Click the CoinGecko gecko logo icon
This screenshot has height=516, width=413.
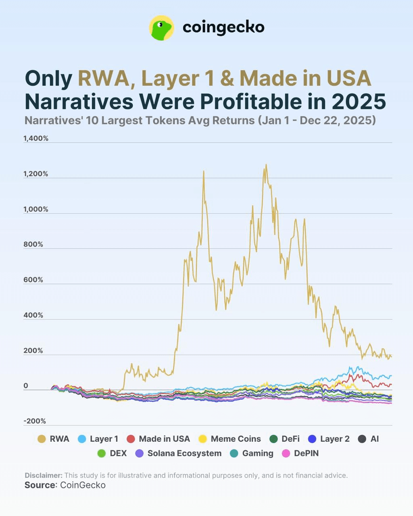coord(161,28)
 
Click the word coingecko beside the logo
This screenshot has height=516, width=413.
coord(223,27)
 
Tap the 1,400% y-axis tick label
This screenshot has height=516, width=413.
coord(36,138)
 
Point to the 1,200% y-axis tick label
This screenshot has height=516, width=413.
coord(36,174)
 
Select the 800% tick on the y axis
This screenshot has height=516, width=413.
coord(33,244)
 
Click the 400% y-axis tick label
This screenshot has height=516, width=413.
coord(33,315)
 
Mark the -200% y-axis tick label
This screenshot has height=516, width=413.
coord(35,421)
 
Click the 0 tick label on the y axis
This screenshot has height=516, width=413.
coord(26,386)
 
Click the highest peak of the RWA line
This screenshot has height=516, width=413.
coord(266,165)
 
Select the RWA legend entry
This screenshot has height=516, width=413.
coord(53,439)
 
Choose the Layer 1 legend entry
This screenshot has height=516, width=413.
coord(98,439)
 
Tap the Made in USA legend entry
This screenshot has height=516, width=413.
coord(158,439)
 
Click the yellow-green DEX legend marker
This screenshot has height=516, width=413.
coord(102,454)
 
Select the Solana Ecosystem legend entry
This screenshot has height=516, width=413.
coord(178,454)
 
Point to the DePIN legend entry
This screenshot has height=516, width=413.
coord(300,454)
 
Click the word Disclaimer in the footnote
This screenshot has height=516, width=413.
coord(44,475)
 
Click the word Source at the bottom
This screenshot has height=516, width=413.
coord(40,485)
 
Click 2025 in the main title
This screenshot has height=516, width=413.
coord(359,102)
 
